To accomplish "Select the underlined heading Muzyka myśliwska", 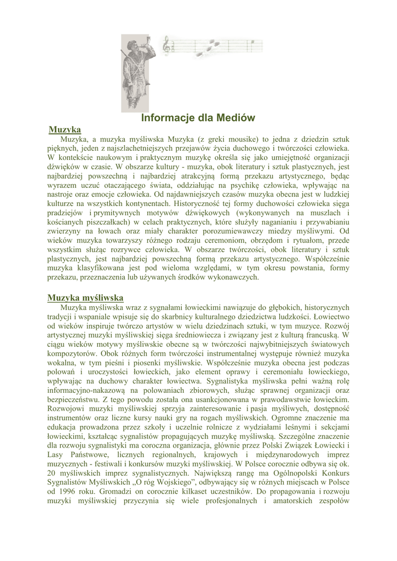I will (85, 297).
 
